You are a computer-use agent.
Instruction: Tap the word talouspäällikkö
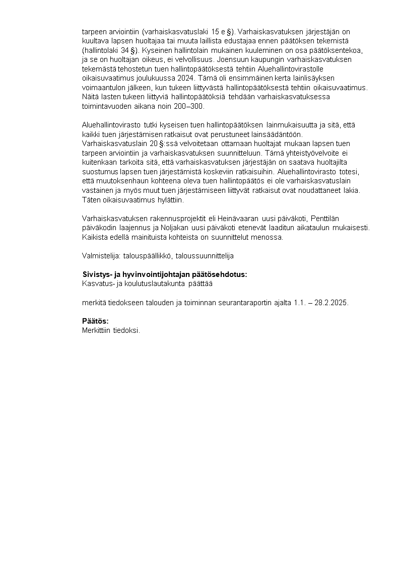(x=147, y=256)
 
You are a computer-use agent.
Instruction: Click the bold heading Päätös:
(x=95, y=321)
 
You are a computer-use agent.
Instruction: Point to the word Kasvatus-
(x=98, y=284)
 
